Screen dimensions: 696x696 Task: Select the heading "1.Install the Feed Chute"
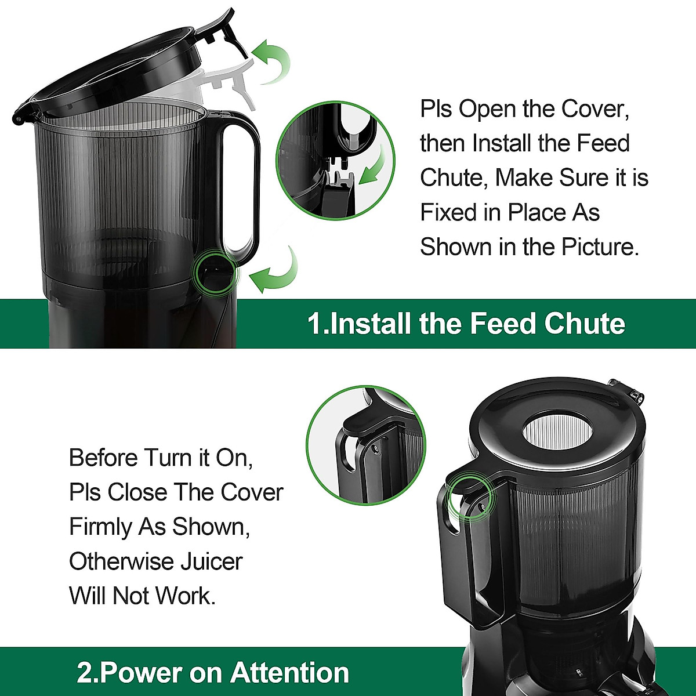466,323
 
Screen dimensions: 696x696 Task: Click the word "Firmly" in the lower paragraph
100,527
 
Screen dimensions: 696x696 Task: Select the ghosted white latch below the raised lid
231,83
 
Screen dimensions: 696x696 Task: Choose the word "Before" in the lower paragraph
103,458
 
